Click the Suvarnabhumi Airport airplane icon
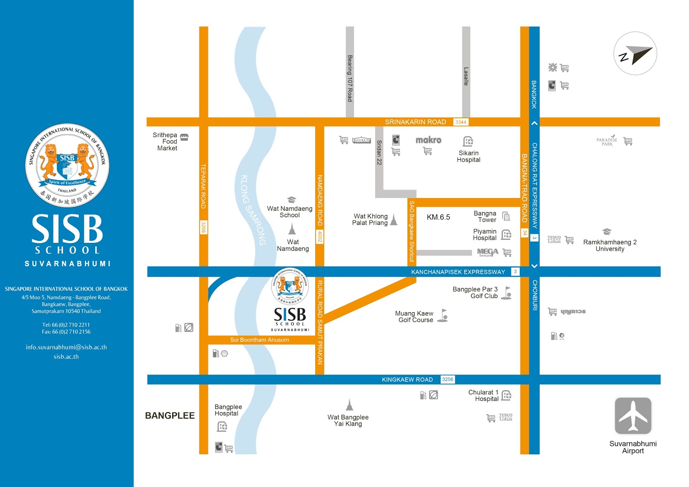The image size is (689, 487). pos(633,416)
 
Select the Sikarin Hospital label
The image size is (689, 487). pos(469,156)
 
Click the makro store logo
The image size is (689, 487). pos(428,140)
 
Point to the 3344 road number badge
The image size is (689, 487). pos(460,122)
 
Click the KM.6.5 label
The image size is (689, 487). pos(438,217)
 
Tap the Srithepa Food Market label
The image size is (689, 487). pos(165,141)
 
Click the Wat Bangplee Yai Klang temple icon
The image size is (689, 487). pos(349,405)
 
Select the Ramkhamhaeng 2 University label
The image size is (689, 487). pos(609,245)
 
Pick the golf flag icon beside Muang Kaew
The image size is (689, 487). pos(443,316)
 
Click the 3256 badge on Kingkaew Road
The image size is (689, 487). pos(447,379)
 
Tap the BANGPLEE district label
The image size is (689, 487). pos(170,416)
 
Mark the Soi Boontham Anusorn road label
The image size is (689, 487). pos(259,340)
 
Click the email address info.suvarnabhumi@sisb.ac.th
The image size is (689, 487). pos(66,347)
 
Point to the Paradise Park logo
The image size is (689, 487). pos(607,140)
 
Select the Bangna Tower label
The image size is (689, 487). pos(485,217)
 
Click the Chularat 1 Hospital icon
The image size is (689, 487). pos(506,395)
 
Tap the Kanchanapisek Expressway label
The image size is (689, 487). pos(458,272)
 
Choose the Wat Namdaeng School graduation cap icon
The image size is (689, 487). pos(292,200)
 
